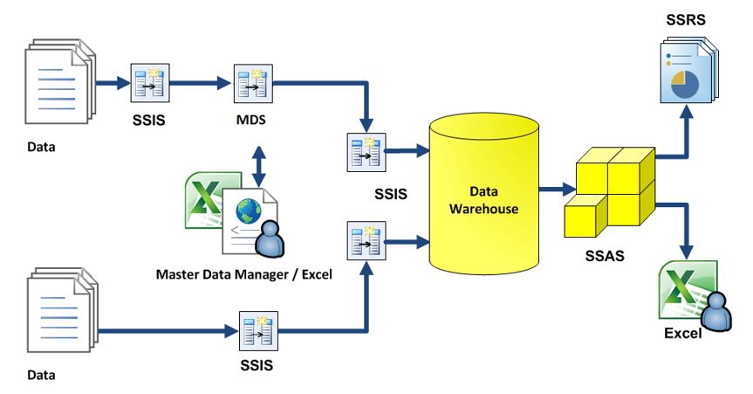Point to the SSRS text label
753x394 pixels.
coord(687,17)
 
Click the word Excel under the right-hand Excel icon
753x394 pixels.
coord(683,333)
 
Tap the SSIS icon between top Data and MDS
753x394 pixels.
coord(145,84)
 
